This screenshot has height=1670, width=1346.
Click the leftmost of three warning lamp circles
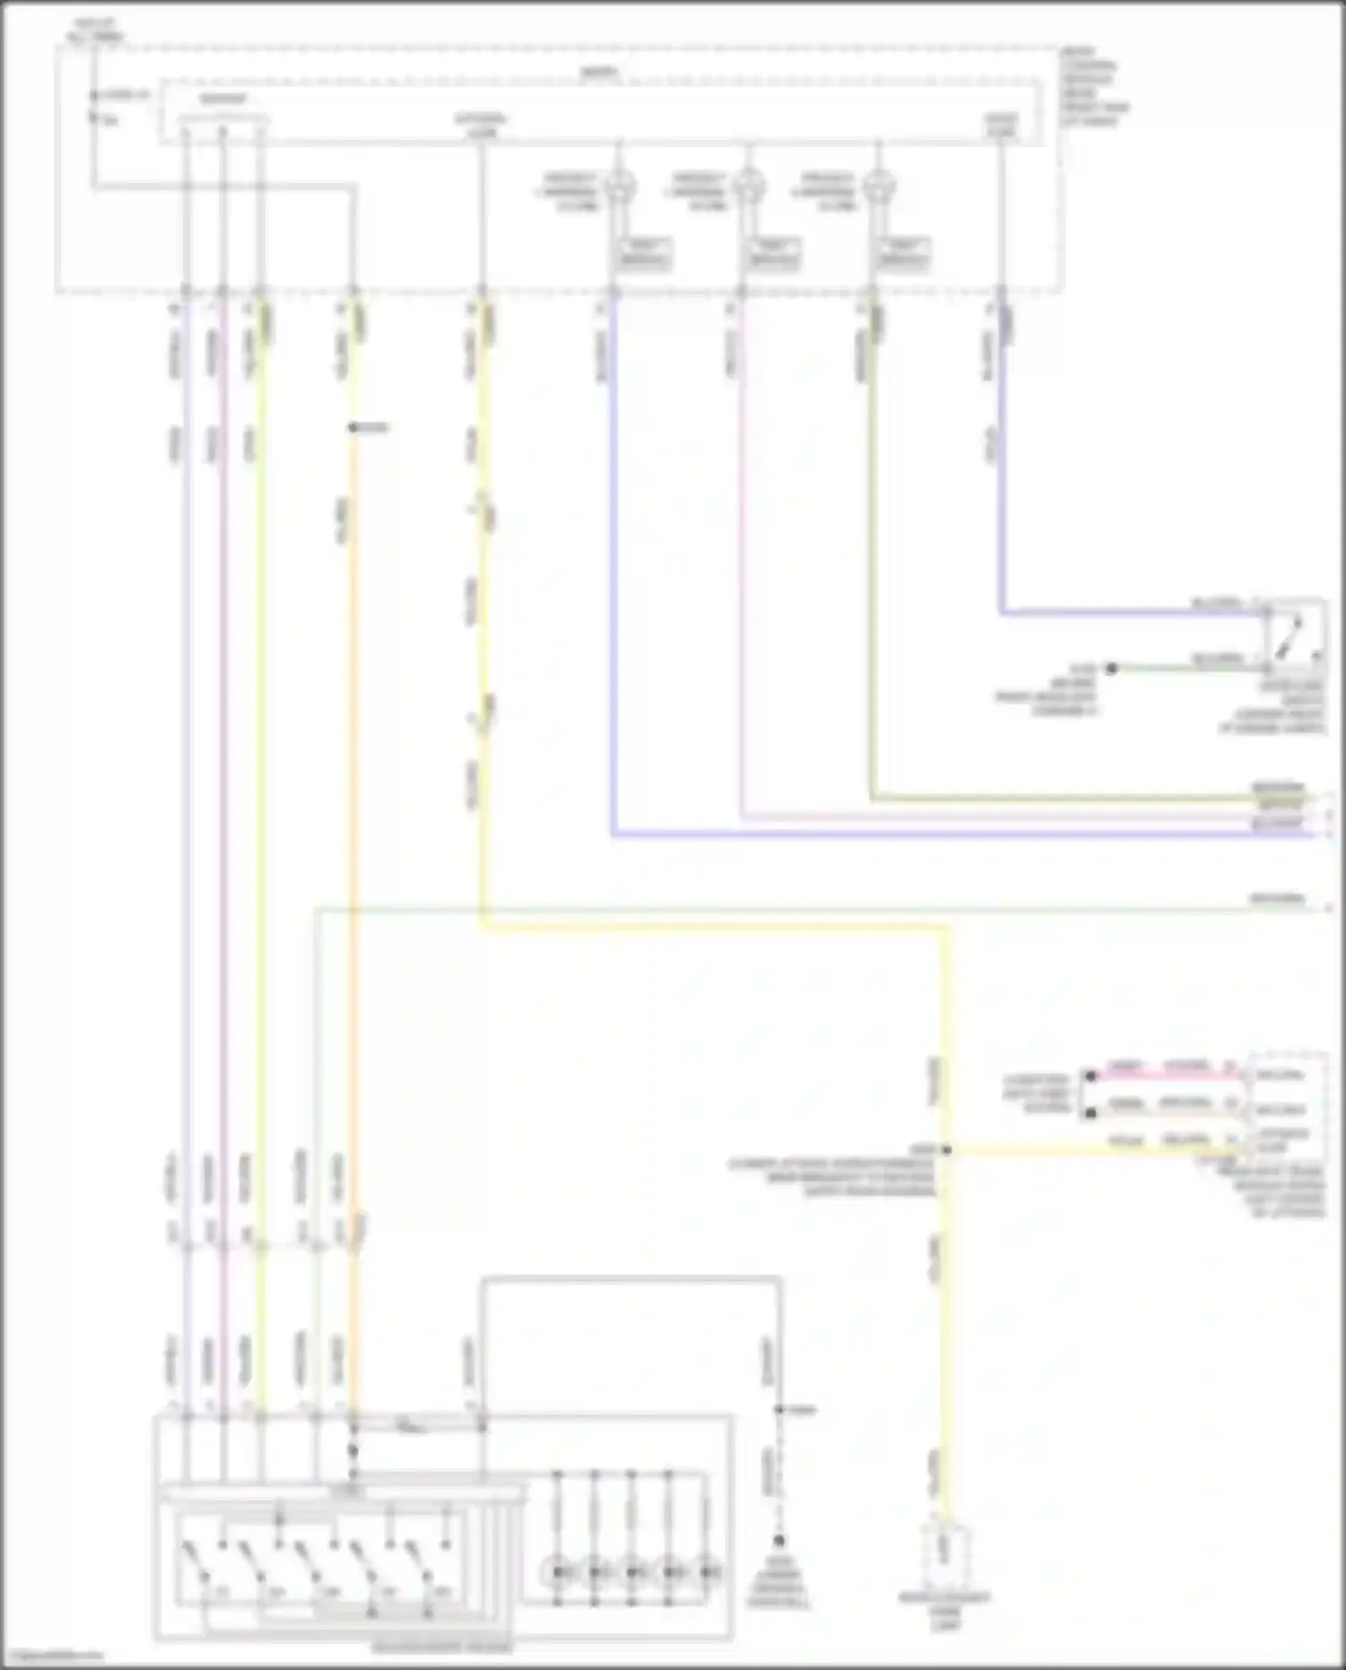[618, 187]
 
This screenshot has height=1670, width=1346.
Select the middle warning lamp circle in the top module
[747, 187]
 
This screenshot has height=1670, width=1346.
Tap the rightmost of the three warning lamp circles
[878, 187]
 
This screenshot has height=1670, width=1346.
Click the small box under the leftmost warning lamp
[644, 255]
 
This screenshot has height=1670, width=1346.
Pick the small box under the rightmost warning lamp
[903, 255]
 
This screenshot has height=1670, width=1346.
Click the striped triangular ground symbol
[779, 1543]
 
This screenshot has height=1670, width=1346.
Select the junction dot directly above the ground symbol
[779, 1411]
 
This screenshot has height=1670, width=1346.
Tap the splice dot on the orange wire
[354, 428]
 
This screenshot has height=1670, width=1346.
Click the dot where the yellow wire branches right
[946, 1150]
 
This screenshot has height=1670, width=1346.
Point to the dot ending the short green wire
[1111, 669]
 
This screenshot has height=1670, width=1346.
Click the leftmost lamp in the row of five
[557, 1572]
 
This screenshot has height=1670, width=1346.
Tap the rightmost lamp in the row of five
[708, 1572]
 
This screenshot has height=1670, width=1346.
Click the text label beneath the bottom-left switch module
[442, 1648]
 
